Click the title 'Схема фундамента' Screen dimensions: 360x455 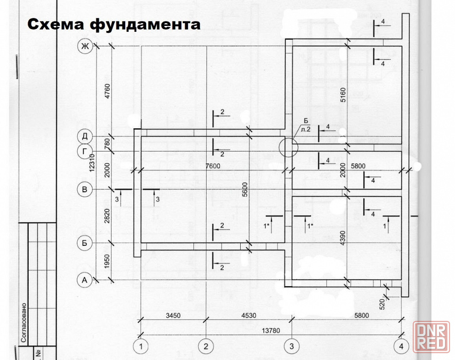click(x=114, y=24)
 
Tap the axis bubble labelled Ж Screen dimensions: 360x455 click(x=84, y=46)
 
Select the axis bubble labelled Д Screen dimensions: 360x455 click(x=84, y=137)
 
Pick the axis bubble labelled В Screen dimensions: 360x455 click(x=84, y=189)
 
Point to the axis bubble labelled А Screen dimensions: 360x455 click(x=84, y=280)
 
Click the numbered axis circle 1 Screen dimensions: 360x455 click(x=141, y=346)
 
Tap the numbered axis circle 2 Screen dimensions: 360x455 click(x=206, y=346)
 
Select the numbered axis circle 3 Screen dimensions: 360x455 click(x=291, y=346)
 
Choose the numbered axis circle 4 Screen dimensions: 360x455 click(x=401, y=346)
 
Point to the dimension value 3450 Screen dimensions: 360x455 click(x=173, y=315)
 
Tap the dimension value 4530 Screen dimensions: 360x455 click(x=248, y=315)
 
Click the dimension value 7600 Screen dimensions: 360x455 click(x=212, y=166)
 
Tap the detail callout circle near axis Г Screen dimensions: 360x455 click(x=288, y=147)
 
